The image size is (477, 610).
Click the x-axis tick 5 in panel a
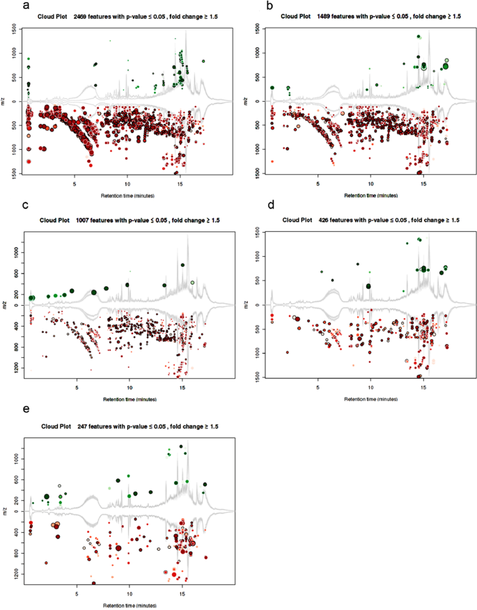pos(75,185)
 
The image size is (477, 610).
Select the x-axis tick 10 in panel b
pos(370,185)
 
